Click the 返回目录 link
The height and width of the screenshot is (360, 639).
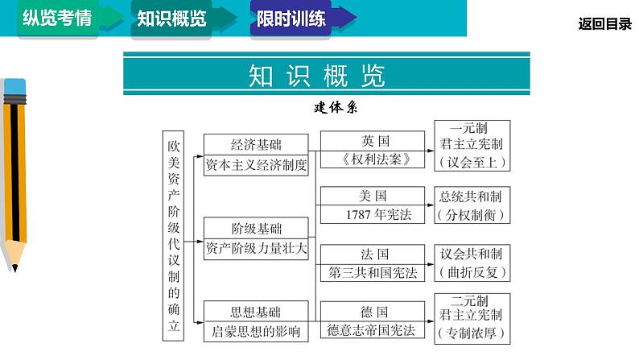(605, 24)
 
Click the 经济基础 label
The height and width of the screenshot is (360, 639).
(257, 145)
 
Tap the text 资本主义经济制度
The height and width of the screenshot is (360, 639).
(257, 165)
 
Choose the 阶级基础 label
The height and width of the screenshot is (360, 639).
(257, 228)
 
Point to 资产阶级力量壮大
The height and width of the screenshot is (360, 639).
(257, 248)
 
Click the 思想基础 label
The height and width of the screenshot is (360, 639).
(257, 311)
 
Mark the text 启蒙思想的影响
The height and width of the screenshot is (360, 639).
(257, 331)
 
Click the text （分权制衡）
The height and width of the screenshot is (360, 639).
(472, 214)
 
